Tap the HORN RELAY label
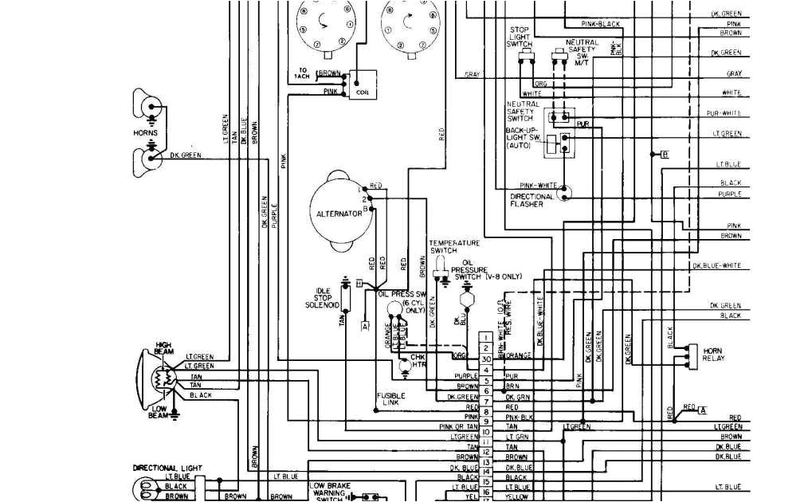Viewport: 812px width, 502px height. click(x=713, y=355)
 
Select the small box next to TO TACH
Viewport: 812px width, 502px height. click(x=362, y=80)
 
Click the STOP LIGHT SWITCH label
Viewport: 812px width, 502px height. click(x=519, y=37)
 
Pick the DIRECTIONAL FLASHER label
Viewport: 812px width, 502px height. click(x=528, y=200)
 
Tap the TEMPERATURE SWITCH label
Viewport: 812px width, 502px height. click(x=454, y=246)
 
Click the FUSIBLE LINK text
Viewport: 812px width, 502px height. click(x=391, y=398)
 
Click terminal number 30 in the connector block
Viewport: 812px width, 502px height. click(x=485, y=359)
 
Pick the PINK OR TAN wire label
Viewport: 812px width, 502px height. click(x=457, y=426)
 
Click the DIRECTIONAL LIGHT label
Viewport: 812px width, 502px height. click(x=167, y=468)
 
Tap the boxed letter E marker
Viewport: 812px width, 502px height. click(x=665, y=154)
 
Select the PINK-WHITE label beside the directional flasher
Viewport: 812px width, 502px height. click(x=539, y=186)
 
